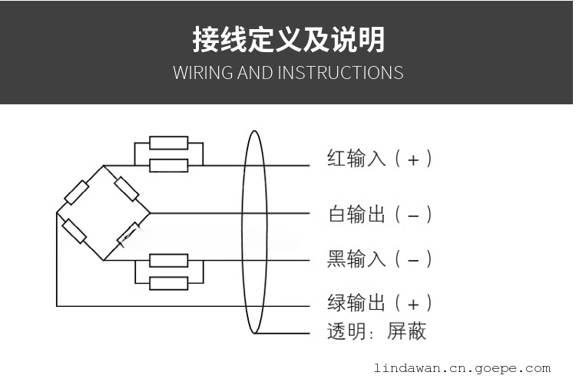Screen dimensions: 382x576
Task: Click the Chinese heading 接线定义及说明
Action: tap(288, 40)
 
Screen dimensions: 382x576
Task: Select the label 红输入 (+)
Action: tap(379, 159)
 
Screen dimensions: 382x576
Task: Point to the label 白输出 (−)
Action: tap(379, 214)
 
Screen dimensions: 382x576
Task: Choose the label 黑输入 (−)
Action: tap(379, 259)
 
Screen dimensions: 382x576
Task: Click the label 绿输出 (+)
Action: tap(379, 302)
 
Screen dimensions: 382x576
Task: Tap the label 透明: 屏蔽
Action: tap(376, 331)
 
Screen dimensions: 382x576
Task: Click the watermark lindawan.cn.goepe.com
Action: tap(462, 368)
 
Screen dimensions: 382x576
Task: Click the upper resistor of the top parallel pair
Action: tap(169, 143)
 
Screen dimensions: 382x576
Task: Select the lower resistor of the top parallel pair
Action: tap(169, 165)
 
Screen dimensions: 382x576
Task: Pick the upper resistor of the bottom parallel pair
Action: tap(169, 260)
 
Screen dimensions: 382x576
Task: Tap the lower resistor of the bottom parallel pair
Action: tap(169, 283)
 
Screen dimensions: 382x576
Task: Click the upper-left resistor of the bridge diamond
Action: tap(77, 192)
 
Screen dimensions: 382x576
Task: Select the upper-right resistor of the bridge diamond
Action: tap(127, 188)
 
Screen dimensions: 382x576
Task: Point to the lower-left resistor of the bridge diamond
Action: tap(74, 231)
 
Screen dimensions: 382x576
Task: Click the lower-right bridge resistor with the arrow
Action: tap(128, 233)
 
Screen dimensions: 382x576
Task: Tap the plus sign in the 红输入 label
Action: tap(413, 160)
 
